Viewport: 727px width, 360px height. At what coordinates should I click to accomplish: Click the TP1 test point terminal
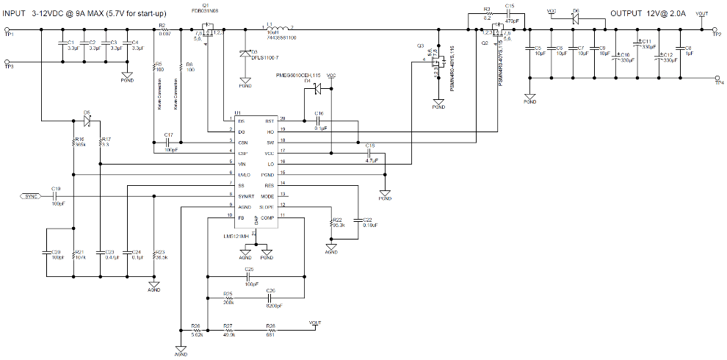[8, 30]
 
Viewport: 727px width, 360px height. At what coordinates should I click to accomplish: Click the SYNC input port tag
[32, 197]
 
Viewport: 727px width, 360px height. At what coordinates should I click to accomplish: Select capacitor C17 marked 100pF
[168, 140]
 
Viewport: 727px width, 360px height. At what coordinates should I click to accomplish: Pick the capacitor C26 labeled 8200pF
[270, 298]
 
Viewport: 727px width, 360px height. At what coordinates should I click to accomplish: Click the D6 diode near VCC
[576, 18]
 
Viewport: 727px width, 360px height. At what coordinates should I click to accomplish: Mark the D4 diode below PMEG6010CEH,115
[317, 89]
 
